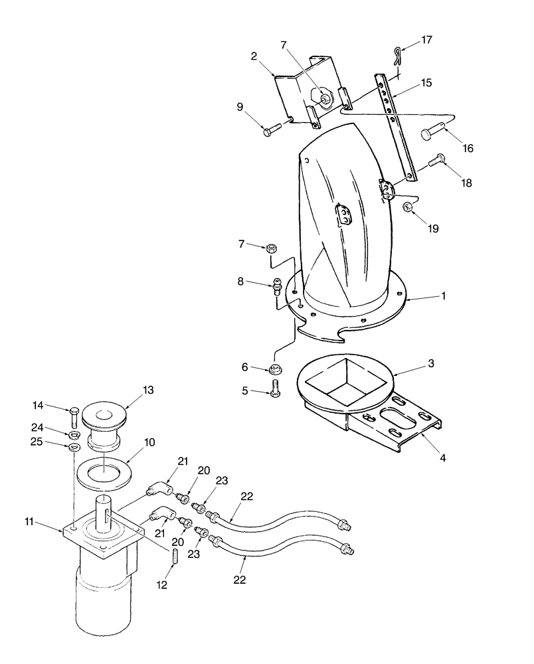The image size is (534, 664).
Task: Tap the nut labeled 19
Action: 409,208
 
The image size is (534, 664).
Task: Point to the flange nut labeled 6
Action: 274,368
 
